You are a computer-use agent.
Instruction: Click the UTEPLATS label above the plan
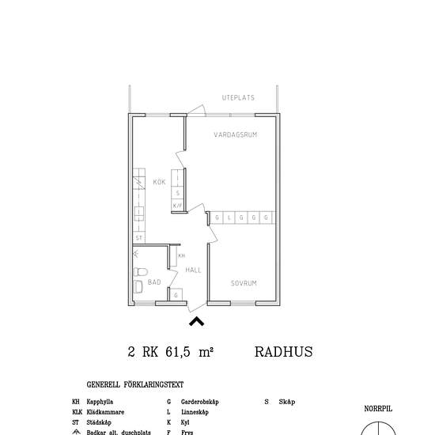click(239, 98)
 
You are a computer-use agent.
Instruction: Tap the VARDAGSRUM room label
click(236, 135)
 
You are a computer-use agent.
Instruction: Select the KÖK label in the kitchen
click(159, 183)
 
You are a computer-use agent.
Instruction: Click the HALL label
click(193, 270)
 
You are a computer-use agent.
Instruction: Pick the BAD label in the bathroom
click(154, 282)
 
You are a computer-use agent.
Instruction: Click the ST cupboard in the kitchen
click(139, 237)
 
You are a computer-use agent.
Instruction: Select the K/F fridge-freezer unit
click(177, 206)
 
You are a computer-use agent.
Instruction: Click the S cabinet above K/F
click(178, 192)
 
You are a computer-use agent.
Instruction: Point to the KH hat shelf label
click(181, 256)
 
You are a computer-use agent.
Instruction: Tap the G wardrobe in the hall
click(176, 295)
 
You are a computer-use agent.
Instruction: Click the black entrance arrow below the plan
click(196, 320)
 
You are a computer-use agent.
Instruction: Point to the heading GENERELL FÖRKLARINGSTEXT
click(135, 385)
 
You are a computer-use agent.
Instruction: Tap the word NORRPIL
click(378, 409)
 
